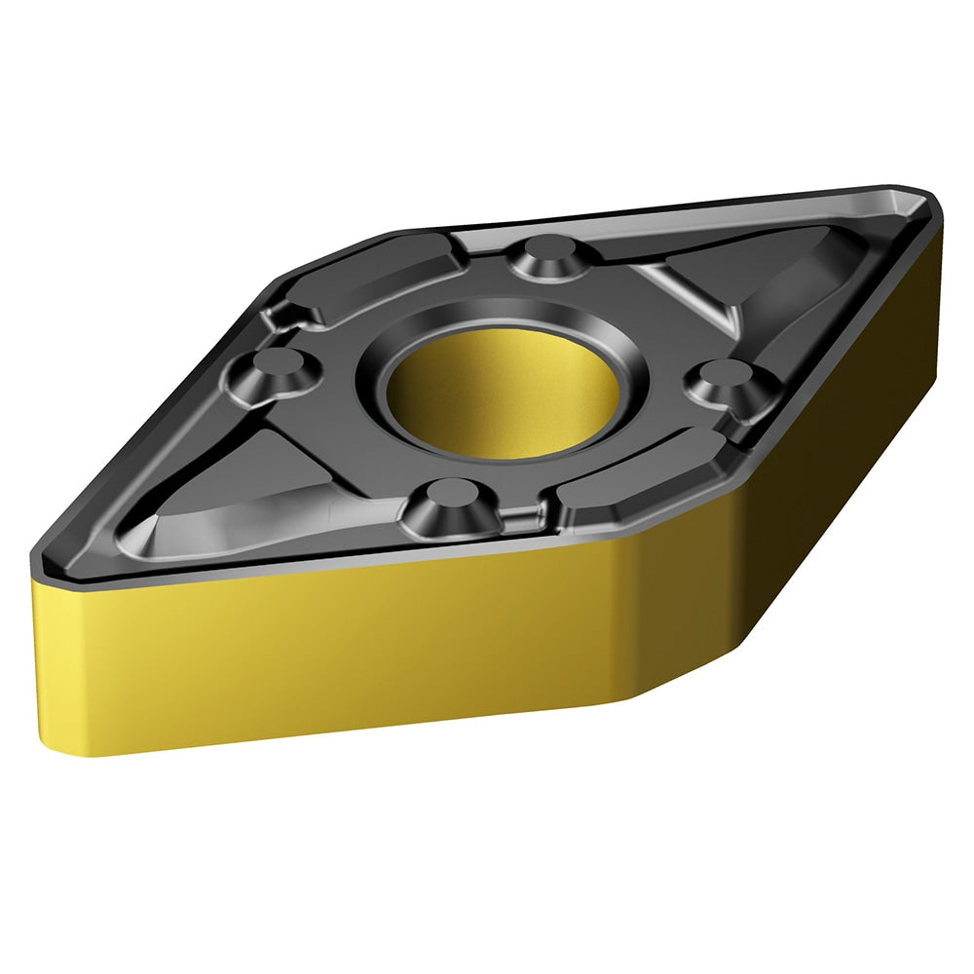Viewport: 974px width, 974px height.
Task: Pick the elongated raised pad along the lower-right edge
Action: pyautogui.click(x=643, y=477)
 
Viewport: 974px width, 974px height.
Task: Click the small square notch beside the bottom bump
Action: pyautogui.click(x=526, y=512)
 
